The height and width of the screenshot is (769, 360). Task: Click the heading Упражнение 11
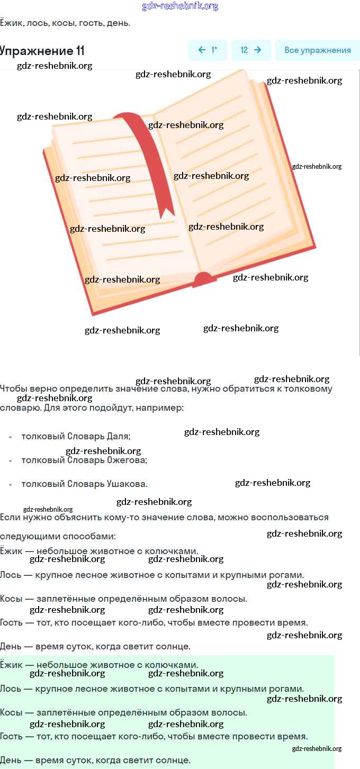click(x=42, y=51)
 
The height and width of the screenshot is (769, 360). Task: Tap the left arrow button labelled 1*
click(x=208, y=50)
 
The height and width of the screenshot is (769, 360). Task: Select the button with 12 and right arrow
click(x=251, y=50)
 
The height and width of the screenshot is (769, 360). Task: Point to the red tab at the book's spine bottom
click(x=203, y=279)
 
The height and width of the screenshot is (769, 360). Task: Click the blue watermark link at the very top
click(x=180, y=6)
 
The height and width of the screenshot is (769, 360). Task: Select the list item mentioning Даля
click(x=76, y=437)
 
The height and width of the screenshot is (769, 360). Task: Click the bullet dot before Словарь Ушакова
click(x=11, y=484)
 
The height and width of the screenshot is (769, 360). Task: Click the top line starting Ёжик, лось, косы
click(x=65, y=23)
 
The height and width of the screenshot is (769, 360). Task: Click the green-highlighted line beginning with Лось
click(x=152, y=689)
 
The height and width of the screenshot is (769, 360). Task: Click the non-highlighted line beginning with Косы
click(x=123, y=599)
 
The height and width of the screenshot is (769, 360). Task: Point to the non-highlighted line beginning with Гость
click(x=154, y=622)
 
